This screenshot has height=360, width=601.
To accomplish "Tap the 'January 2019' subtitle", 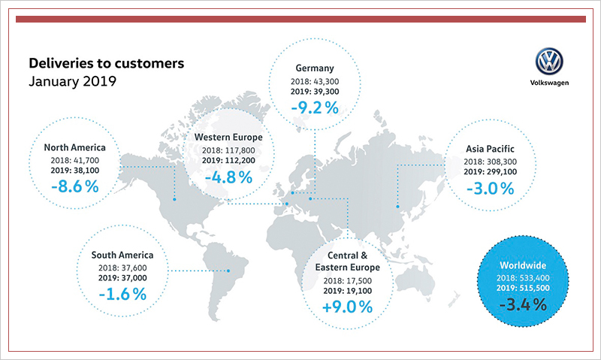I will click(72, 80).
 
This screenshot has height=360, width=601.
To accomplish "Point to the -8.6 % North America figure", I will click(73, 184).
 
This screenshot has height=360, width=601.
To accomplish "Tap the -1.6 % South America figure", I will click(122, 293).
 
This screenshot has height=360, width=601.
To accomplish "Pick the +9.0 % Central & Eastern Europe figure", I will click(347, 307).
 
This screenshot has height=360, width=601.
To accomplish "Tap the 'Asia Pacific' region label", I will click(490, 148).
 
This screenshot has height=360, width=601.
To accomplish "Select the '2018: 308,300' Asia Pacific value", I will click(490, 161).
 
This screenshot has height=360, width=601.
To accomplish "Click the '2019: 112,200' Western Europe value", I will click(228, 161).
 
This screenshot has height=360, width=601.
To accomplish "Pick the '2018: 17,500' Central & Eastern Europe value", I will click(347, 281).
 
